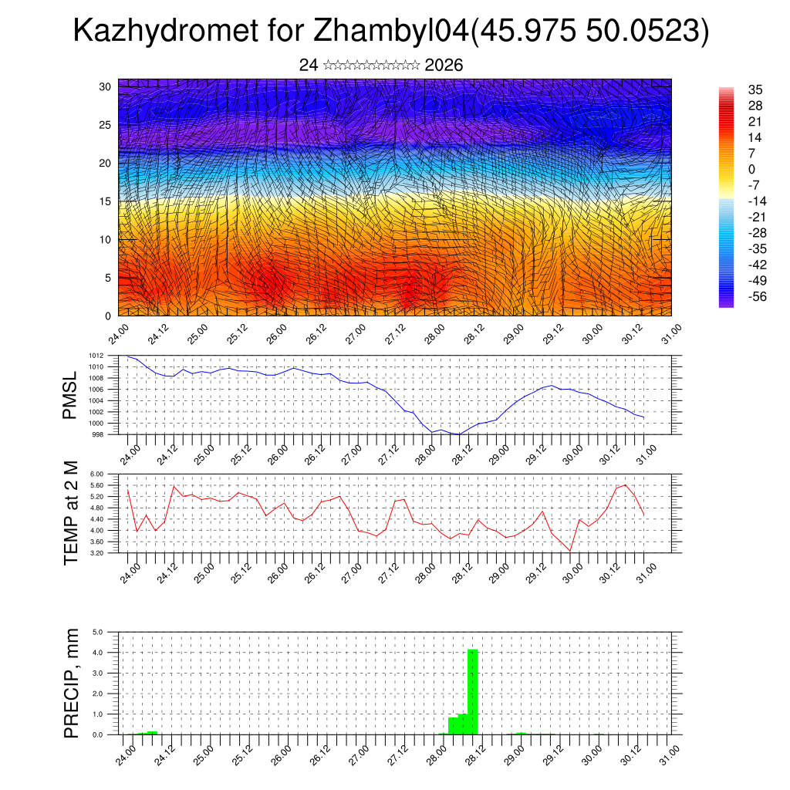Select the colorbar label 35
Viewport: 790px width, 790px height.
tap(755, 89)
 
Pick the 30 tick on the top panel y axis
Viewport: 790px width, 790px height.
tap(106, 86)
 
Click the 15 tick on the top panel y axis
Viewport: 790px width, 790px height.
tap(106, 201)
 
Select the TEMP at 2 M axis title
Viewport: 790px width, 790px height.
tap(71, 513)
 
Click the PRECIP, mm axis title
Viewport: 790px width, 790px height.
tap(71, 683)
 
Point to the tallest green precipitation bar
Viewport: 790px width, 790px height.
tap(473, 691)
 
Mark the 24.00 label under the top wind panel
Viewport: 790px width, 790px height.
tap(118, 334)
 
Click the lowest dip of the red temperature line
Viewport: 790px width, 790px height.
tap(570, 550)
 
